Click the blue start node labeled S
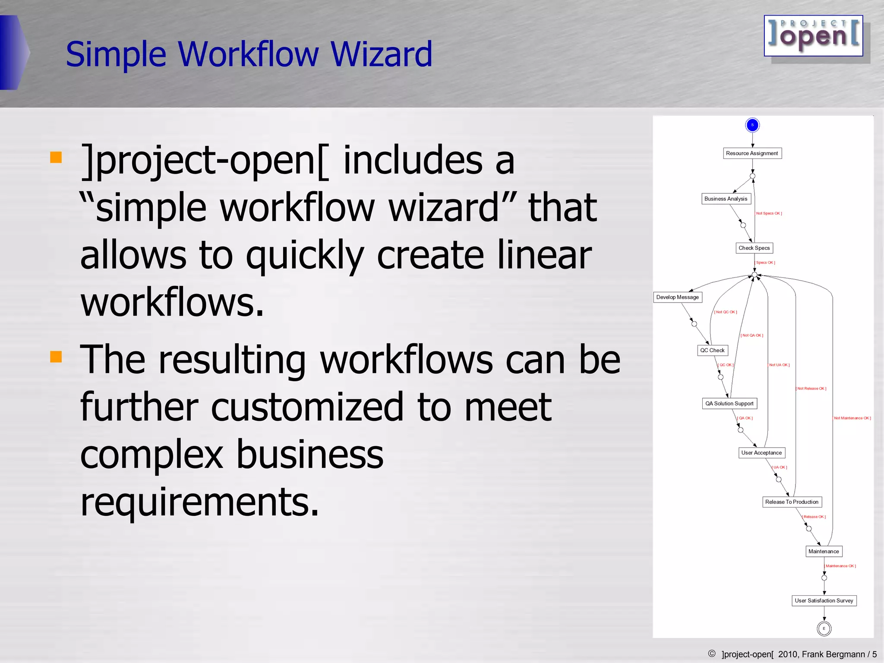click(x=752, y=125)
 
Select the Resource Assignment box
click(x=752, y=153)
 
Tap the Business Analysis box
click(x=726, y=199)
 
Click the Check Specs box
click(x=754, y=248)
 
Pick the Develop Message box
click(x=678, y=297)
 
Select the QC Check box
click(x=712, y=350)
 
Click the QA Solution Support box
click(x=729, y=404)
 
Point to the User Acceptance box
click(x=761, y=453)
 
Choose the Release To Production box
click(x=792, y=502)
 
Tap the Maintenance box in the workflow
click(x=824, y=551)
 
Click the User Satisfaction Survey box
click(x=824, y=600)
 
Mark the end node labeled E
click(x=824, y=628)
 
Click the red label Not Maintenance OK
click(x=852, y=418)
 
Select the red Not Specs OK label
click(x=768, y=213)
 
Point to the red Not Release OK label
click(x=811, y=388)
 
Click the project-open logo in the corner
click(x=814, y=36)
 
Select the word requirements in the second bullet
click(x=199, y=502)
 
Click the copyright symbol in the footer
click(x=712, y=654)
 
